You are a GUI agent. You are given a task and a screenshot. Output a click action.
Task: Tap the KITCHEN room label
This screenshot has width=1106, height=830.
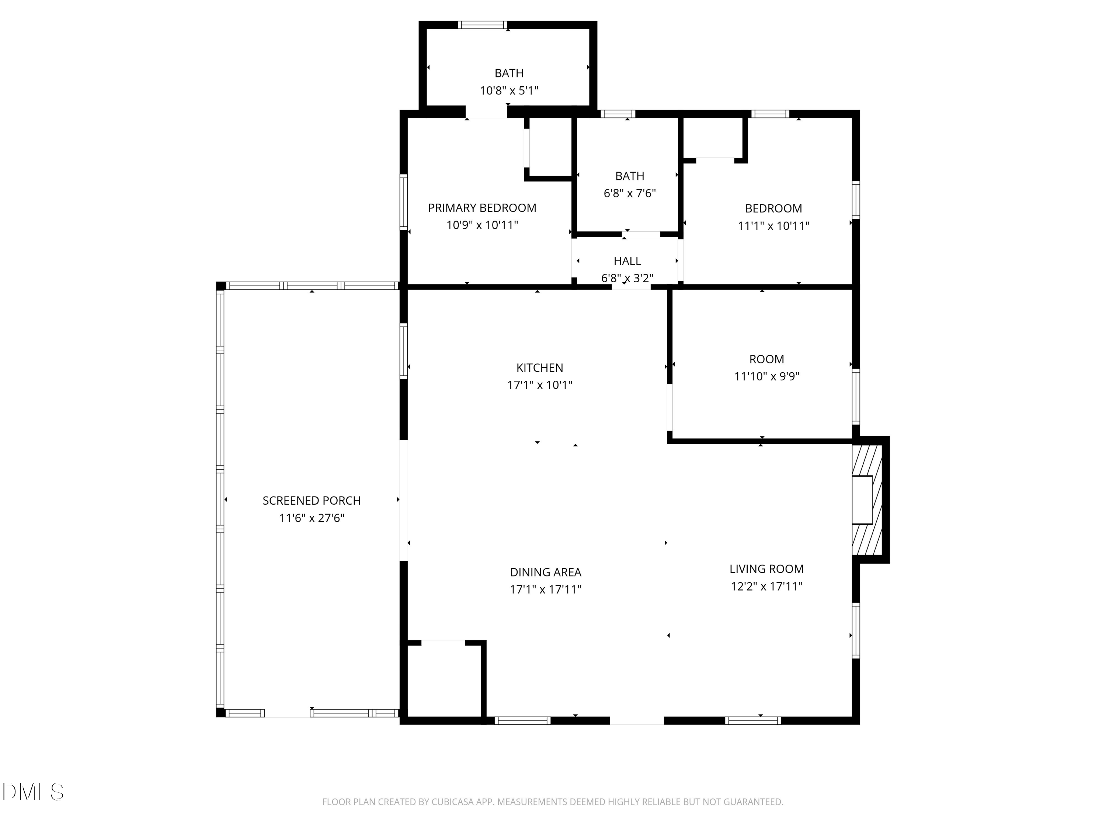539,368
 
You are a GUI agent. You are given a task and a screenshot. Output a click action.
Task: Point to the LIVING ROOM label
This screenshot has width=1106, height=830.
766,569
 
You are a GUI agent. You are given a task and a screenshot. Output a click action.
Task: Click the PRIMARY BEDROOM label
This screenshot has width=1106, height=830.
482,208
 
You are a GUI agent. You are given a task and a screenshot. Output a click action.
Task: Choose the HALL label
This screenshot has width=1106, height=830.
627,261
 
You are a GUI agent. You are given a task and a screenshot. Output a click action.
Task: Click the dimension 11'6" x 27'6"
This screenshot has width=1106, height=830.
312,518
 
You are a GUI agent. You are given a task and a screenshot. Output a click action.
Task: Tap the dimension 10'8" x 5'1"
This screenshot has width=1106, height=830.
509,90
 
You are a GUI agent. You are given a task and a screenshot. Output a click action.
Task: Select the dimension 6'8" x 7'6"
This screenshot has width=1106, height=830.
630,193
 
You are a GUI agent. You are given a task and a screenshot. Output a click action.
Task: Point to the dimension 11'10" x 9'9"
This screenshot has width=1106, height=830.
766,376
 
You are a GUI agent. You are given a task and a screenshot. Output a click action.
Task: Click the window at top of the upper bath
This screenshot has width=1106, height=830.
483,25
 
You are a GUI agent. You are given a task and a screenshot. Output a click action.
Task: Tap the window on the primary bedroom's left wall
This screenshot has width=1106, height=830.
403,202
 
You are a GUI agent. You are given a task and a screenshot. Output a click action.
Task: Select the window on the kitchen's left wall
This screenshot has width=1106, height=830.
403,351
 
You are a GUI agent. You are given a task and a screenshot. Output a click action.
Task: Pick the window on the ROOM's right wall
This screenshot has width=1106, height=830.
856,397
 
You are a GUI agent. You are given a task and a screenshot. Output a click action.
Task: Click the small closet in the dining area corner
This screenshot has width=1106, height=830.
444,680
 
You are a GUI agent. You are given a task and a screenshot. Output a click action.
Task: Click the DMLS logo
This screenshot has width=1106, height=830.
33,792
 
